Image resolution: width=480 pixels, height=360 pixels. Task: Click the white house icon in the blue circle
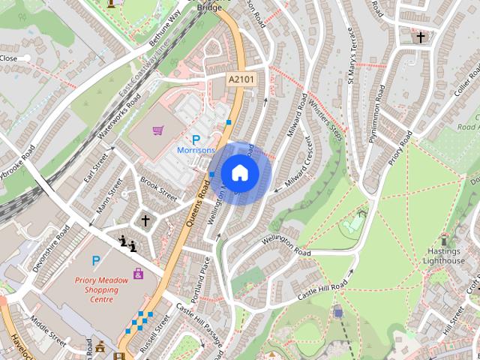coord(239,173)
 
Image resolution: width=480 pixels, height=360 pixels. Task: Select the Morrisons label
coord(196,150)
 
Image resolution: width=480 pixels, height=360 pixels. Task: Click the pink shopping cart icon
coord(157,130)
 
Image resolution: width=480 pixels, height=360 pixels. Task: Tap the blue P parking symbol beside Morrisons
coord(196,139)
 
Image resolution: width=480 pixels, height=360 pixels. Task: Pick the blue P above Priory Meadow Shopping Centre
coord(95,260)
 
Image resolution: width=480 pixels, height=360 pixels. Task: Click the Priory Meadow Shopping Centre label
coord(97,289)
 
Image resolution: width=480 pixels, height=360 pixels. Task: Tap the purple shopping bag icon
coord(138,274)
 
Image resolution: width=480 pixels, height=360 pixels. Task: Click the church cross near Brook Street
coord(145,220)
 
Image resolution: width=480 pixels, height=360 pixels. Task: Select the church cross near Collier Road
coord(421,36)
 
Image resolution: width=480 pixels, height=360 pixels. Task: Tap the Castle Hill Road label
coord(323,289)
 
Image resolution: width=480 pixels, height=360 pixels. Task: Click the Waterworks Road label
coord(118,120)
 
